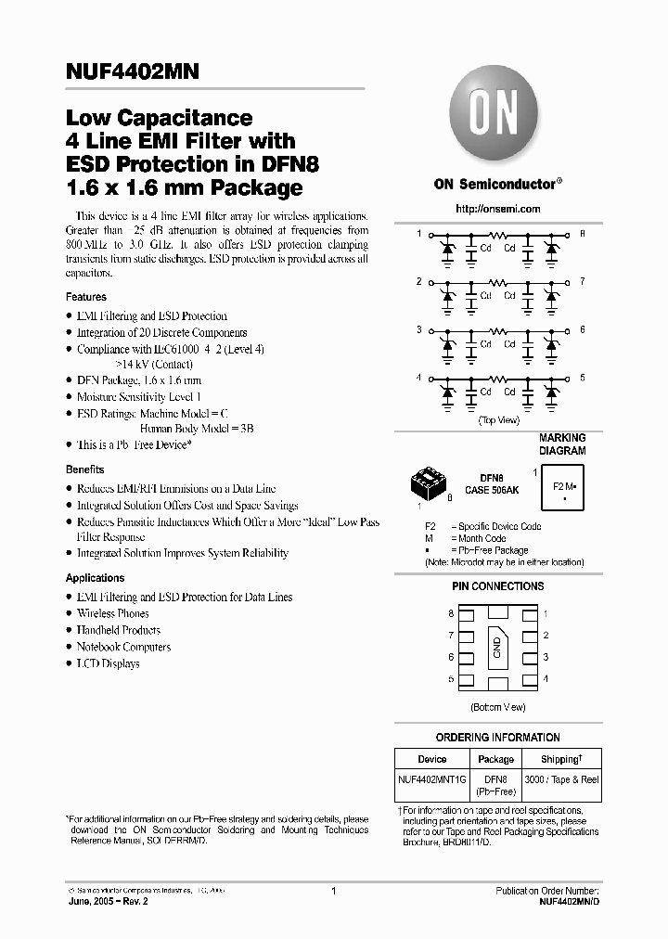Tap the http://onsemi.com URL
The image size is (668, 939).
click(498, 210)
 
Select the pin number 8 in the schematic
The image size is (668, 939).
click(582, 233)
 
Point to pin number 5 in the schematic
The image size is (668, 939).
click(582, 378)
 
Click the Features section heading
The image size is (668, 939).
click(86, 297)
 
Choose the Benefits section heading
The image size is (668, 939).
click(85, 469)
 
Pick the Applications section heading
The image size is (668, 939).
click(96, 578)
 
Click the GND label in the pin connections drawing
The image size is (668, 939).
click(497, 647)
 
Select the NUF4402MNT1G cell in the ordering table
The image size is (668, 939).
click(432, 779)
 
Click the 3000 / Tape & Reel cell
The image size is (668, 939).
click(561, 779)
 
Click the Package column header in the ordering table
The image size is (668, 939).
click(495, 759)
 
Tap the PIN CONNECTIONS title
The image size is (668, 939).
click(498, 586)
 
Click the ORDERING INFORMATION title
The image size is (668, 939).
click(498, 738)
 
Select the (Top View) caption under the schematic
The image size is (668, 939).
click(498, 420)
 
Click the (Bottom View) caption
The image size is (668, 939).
click(498, 707)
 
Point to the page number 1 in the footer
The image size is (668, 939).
click(333, 891)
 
